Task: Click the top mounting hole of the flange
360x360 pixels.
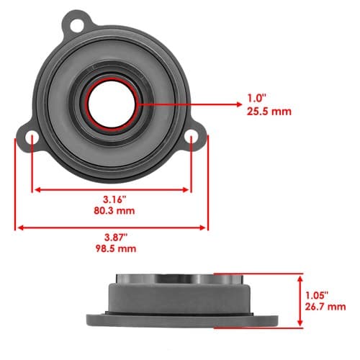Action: click(77, 26)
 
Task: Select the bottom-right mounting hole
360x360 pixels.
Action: click(192, 136)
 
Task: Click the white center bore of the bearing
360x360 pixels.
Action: click(112, 104)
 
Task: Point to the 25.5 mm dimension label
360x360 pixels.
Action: click(269, 112)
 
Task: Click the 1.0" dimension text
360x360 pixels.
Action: click(257, 98)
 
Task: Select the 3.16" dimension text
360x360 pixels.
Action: click(114, 199)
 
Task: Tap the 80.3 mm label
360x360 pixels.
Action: click(114, 211)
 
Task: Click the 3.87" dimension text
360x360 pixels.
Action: click(116, 238)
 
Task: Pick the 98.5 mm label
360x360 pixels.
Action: click(116, 248)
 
